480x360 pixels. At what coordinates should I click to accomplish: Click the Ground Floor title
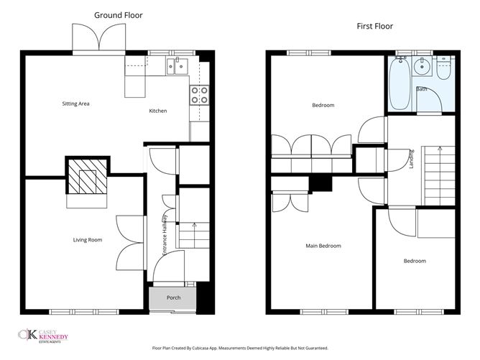[118, 15]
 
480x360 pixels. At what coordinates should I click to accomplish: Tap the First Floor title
[374, 27]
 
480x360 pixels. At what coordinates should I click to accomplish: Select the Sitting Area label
[75, 103]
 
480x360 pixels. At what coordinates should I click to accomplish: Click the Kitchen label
[158, 111]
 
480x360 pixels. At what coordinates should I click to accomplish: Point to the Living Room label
[88, 240]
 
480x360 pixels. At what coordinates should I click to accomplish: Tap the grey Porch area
[172, 297]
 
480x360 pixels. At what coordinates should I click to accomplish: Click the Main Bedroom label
[323, 246]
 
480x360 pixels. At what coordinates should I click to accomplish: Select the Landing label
[412, 159]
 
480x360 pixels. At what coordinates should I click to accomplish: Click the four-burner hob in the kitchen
[199, 95]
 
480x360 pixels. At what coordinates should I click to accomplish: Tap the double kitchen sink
[177, 66]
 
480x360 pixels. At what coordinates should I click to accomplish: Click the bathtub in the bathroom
[400, 83]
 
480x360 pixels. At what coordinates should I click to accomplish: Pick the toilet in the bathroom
[443, 68]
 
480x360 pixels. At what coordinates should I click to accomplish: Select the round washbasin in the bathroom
[422, 66]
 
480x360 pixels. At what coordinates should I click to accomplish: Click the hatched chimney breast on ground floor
[88, 176]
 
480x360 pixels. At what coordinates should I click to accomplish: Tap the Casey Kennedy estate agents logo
[43, 336]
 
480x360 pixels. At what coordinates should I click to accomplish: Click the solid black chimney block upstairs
[320, 184]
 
